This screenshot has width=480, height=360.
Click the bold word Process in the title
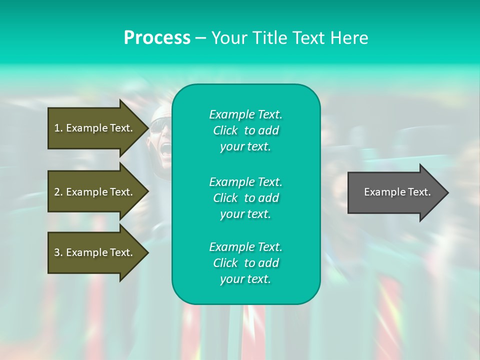[157, 38]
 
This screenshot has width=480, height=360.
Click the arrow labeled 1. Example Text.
[98, 128]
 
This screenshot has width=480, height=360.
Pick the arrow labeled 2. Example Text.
[98, 191]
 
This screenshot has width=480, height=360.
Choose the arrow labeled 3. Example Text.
[98, 252]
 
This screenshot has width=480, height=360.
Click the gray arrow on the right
[398, 192]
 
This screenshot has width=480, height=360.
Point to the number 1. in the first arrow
[58, 128]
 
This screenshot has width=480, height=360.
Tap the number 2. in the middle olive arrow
[58, 192]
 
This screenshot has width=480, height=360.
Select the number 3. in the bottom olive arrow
[58, 252]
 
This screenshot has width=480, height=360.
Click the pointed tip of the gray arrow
[448, 192]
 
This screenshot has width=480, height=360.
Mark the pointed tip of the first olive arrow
[149, 128]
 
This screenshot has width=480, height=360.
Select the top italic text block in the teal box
[246, 130]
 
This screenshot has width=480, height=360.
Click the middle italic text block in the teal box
[246, 198]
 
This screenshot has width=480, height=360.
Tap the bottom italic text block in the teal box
[246, 262]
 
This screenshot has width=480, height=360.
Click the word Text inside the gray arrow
[419, 192]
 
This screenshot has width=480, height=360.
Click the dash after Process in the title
[201, 39]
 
